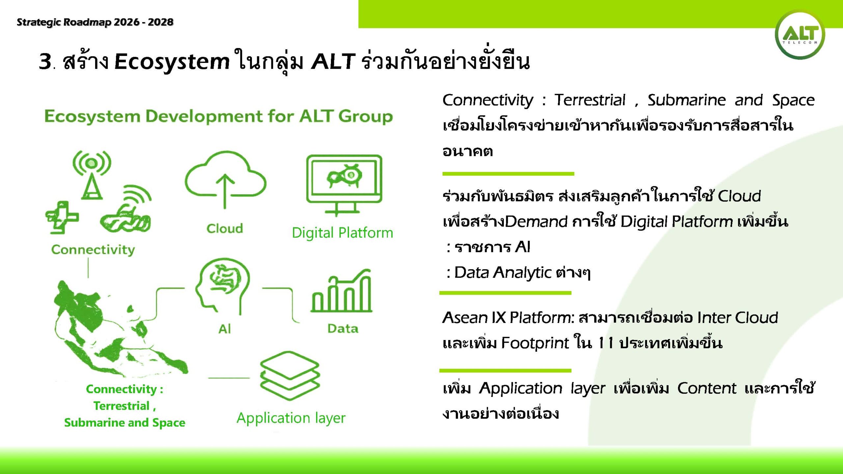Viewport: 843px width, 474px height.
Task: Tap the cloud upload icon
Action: coord(225,179)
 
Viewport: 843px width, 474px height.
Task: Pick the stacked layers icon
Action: coord(290,376)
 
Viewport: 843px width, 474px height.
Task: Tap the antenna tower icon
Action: coord(92,175)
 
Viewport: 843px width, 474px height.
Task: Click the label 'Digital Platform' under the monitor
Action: coord(342,233)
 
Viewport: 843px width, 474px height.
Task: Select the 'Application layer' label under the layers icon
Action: coord(291,418)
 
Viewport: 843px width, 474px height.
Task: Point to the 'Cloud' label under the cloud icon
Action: coord(225,228)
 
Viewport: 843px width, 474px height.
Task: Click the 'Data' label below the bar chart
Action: coord(343,329)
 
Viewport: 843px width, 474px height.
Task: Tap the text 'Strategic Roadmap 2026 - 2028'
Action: coord(95,22)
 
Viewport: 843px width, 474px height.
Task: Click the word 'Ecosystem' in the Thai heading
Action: coord(172,62)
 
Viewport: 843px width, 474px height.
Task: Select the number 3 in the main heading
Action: coord(45,61)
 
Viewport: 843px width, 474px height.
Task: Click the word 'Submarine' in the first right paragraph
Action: coord(687,100)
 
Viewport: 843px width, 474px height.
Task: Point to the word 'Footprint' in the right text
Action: coord(535,343)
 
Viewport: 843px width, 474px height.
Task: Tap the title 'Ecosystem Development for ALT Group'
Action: coord(219,117)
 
